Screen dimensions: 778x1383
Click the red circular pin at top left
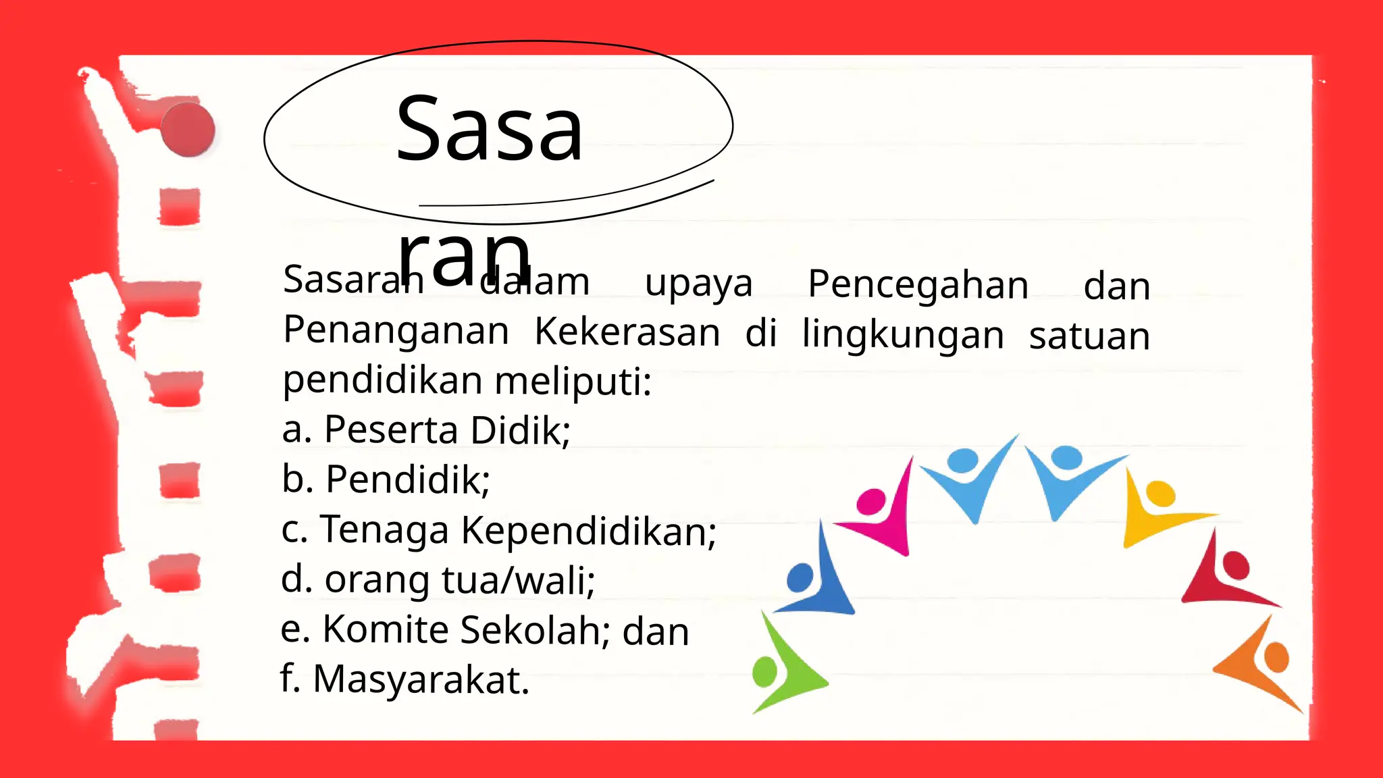click(188, 130)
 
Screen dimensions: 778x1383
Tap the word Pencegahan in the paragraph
click(918, 284)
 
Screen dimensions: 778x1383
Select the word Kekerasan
click(627, 332)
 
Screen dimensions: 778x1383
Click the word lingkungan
click(903, 335)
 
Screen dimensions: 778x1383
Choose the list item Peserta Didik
click(446, 430)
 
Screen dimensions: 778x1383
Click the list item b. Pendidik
click(386, 479)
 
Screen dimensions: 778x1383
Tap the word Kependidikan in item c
click(588, 530)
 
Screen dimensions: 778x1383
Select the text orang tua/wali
click(459, 580)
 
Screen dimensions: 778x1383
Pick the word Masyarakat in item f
click(421, 679)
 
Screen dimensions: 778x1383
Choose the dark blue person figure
click(816, 577)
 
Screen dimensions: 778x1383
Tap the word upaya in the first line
click(698, 284)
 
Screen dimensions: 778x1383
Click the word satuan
click(1089, 336)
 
